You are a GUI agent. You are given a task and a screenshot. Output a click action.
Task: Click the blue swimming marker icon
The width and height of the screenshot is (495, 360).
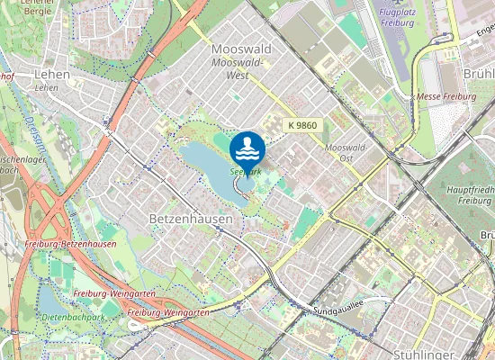247,148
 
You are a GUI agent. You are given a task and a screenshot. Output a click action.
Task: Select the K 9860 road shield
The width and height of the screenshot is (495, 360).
302,125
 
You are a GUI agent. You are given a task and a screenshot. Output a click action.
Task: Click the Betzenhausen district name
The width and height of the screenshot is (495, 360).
190,219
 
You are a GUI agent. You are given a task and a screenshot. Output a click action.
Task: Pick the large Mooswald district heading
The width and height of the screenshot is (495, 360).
240,49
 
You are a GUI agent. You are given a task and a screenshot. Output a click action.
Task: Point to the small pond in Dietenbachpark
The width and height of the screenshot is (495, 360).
49,300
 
